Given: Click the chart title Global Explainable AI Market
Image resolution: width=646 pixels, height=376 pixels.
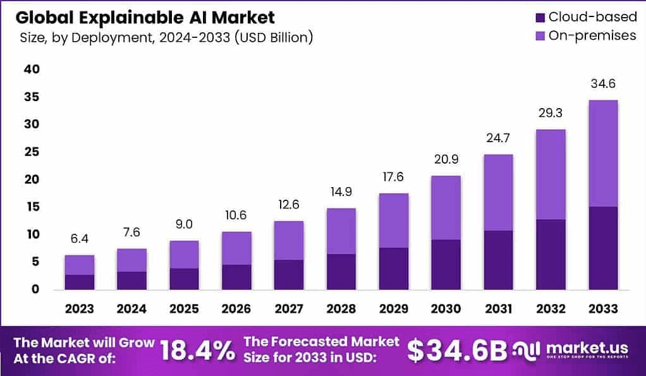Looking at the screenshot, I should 145,16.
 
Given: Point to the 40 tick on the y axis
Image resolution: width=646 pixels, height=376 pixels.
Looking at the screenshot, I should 32,70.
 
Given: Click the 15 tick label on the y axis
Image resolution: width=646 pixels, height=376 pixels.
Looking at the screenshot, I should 32,207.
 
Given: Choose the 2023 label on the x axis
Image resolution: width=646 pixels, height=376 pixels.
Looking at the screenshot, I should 80,309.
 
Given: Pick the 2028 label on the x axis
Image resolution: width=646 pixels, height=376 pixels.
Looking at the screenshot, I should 341,309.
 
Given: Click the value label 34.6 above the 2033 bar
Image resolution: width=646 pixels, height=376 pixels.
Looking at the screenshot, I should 602,84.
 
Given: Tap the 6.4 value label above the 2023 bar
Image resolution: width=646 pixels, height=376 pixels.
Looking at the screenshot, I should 80,239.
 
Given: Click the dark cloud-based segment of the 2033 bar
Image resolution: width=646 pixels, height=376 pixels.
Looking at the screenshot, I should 602,248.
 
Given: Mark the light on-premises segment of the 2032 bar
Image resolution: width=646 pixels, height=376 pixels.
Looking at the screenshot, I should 550,174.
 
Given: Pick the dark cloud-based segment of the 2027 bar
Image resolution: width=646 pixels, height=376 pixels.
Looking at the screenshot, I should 288,274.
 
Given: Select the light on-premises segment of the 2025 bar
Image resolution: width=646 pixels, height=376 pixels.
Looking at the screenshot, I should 184,255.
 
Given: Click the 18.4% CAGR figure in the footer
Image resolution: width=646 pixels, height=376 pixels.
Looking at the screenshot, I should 197,351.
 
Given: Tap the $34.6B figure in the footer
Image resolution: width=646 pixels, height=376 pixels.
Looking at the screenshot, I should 456,351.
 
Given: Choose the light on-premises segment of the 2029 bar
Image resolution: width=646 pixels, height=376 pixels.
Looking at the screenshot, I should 393,221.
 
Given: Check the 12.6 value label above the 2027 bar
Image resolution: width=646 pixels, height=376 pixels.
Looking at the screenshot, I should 288,205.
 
